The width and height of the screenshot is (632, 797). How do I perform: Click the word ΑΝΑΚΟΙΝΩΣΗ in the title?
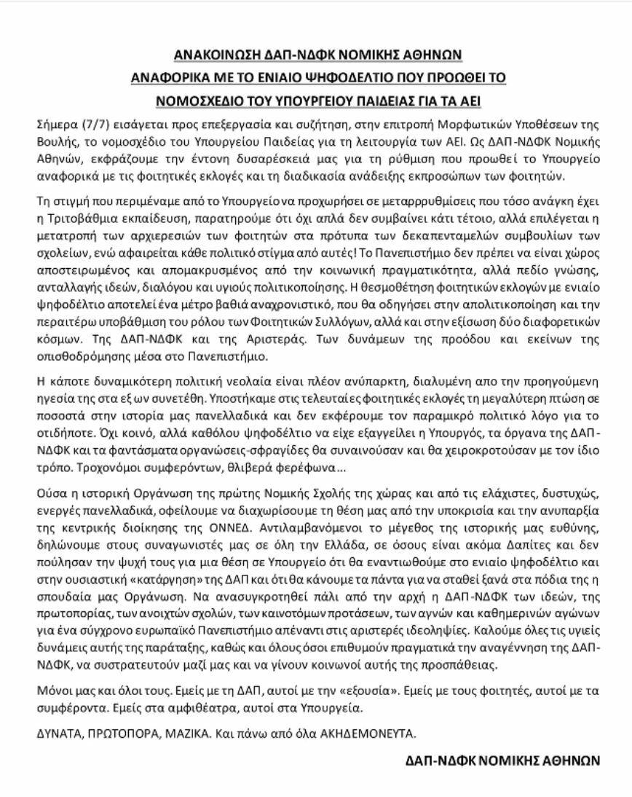point(219,55)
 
